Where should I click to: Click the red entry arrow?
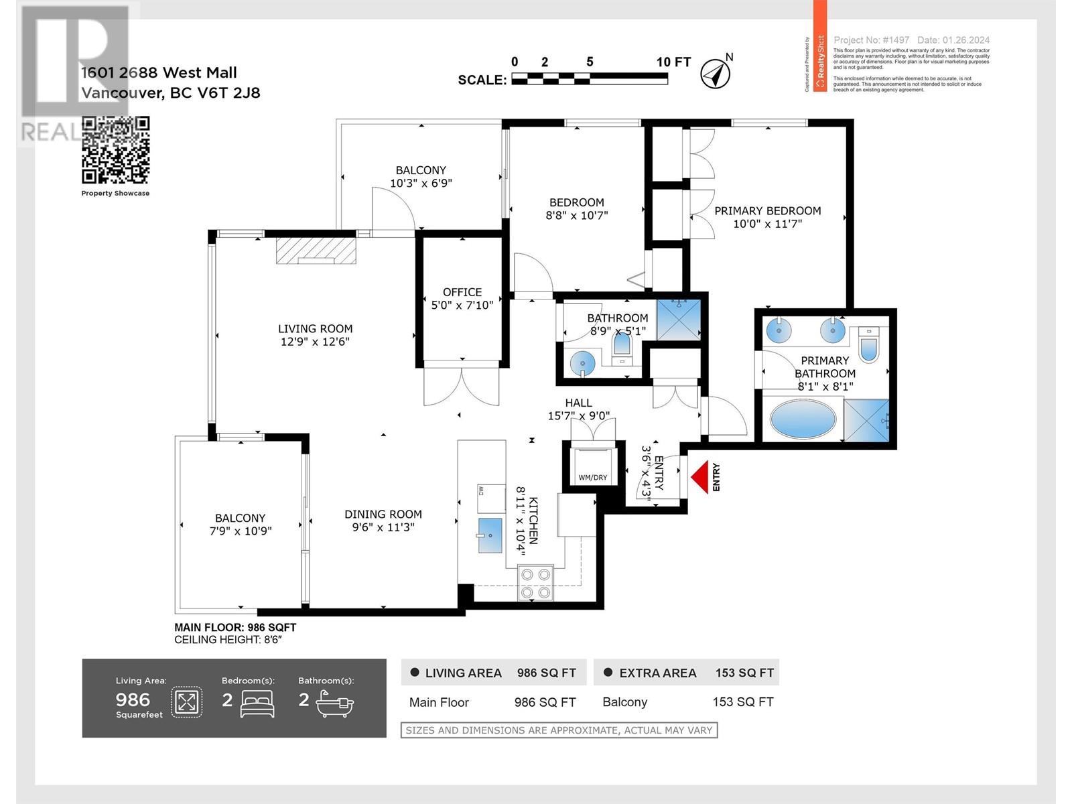point(699,477)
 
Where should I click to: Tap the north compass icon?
point(715,73)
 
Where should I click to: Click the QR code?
point(115,150)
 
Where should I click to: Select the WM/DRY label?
point(592,478)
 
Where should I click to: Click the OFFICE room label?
point(462,292)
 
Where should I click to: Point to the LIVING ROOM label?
point(315,328)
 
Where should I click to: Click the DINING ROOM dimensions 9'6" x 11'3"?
point(383,527)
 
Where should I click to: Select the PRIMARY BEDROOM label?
point(767,210)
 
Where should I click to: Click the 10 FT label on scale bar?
point(673,62)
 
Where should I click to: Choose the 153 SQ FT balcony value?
point(742,702)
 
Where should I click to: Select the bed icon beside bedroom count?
point(257,703)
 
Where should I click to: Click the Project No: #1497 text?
point(871,40)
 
